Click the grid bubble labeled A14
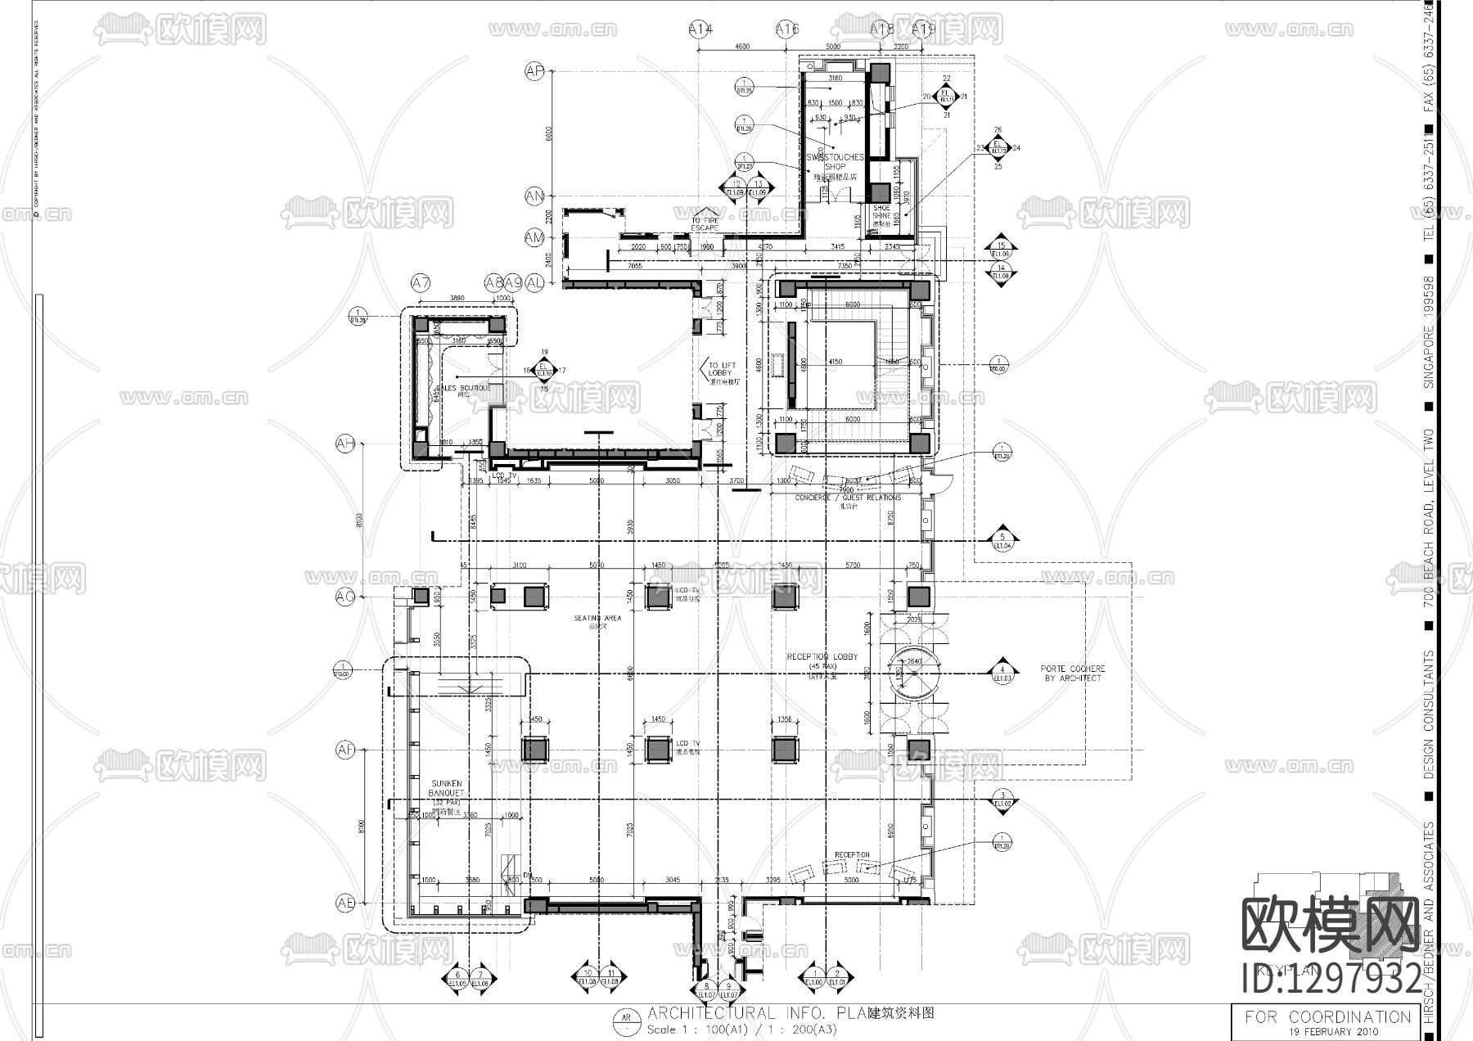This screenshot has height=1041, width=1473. tap(700, 29)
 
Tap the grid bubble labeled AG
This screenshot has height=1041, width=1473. tap(345, 597)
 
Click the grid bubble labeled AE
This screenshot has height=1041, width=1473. tap(345, 904)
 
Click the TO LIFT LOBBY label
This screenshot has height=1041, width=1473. tap(723, 373)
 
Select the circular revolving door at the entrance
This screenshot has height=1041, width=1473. tap(914, 675)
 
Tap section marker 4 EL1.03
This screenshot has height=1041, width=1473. tap(1002, 673)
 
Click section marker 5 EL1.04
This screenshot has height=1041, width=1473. tap(1002, 539)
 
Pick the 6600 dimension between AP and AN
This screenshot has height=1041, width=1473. tap(550, 134)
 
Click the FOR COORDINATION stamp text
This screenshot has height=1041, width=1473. tap(1327, 1017)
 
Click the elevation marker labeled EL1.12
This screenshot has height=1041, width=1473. tap(997, 148)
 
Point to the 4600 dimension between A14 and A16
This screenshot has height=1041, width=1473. tap(742, 47)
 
